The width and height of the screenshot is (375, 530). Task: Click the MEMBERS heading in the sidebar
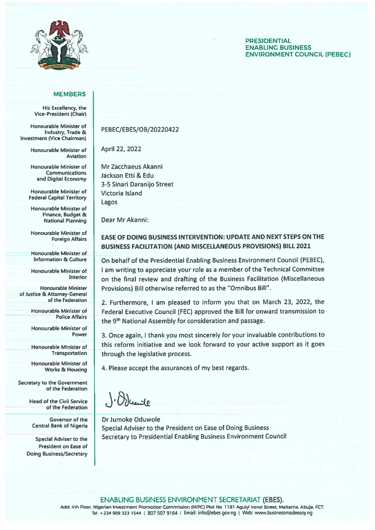70,94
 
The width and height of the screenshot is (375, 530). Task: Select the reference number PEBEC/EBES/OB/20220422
140,130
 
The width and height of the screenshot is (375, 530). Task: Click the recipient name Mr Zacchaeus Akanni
132,167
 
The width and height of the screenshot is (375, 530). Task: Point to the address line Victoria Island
121,193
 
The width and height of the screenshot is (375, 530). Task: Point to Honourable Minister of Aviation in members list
59,153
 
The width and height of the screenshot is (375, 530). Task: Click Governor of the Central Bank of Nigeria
59,423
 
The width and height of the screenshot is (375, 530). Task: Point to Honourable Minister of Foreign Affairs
59,236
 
